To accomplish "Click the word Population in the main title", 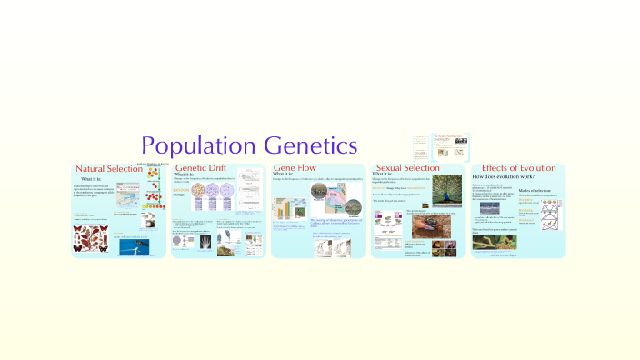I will tap(199, 145).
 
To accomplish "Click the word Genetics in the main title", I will tap(311, 145).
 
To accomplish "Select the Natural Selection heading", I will tap(109, 169).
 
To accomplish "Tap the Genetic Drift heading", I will tap(201, 169).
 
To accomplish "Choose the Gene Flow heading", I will tap(295, 169).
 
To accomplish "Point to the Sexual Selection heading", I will tap(408, 169).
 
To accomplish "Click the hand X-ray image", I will tap(202, 241).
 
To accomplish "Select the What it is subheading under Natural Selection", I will tap(91, 179).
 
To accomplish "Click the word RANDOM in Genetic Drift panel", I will tap(180, 190).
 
